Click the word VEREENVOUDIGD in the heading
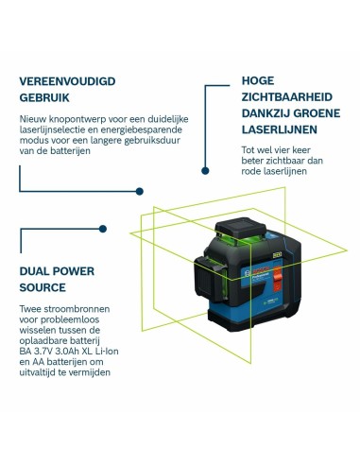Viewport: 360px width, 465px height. [x=68, y=81]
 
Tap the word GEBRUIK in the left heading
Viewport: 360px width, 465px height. [x=44, y=98]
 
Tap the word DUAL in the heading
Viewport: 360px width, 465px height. [x=37, y=270]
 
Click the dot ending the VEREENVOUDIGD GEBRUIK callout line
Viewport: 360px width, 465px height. [x=140, y=191]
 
